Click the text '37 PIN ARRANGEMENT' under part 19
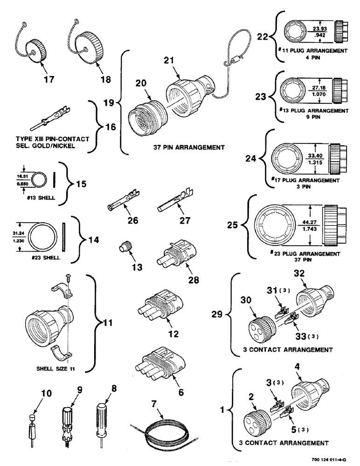tap(189, 147)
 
